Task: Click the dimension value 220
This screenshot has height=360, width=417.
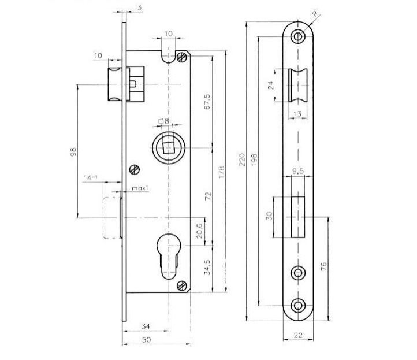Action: point(242,159)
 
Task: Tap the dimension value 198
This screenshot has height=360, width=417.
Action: point(254,159)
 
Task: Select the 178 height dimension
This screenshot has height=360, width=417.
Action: point(221,172)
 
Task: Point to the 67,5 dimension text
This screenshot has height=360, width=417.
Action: point(207,101)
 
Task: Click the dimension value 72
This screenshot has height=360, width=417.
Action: point(208,196)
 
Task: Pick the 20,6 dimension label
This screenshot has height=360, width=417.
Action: point(200,230)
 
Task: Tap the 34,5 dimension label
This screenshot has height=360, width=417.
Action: point(207,268)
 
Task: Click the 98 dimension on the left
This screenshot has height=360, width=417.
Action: point(73,151)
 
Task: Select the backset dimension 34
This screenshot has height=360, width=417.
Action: point(146,326)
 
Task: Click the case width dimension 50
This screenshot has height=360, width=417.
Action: point(147,340)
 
